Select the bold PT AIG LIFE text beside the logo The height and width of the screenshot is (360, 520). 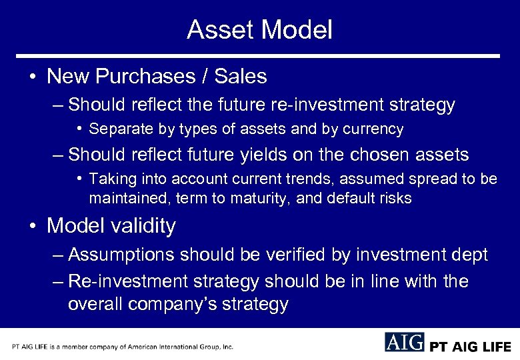click(x=470, y=347)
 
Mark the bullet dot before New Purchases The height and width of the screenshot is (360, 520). click(x=33, y=77)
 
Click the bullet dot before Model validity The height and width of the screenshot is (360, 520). click(x=33, y=227)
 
